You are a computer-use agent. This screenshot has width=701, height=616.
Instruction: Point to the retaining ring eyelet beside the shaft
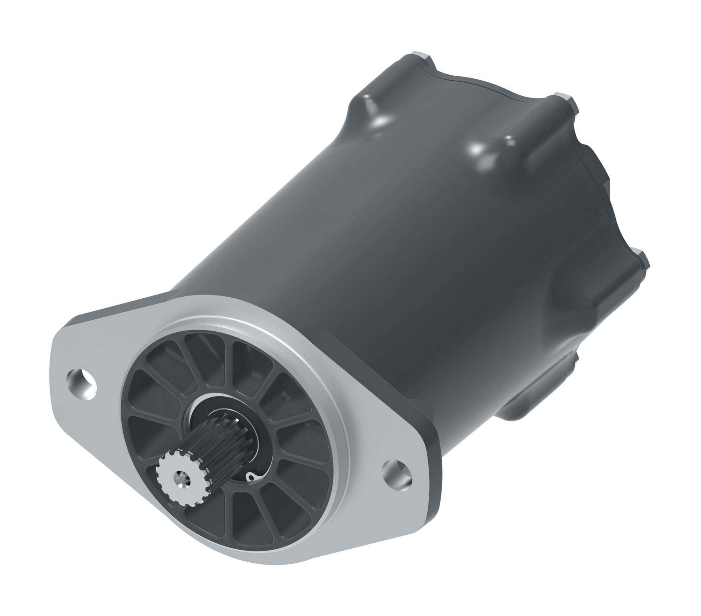point(251,476)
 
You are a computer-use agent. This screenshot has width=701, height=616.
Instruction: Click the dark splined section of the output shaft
point(210,445)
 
